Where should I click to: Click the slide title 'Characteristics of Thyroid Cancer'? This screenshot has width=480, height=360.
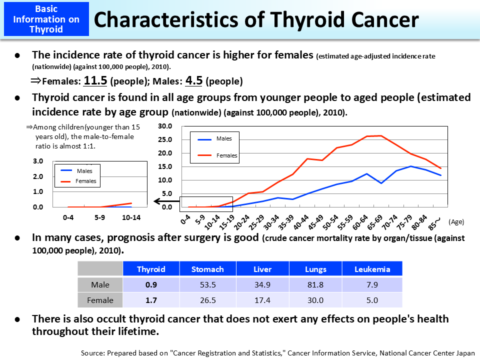[x=256, y=19]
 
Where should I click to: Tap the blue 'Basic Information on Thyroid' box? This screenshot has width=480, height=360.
[x=46, y=19]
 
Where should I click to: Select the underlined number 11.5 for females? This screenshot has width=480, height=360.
[x=95, y=80]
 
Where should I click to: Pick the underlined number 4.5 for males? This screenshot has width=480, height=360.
[x=194, y=80]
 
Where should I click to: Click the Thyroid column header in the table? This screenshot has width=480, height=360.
[x=151, y=269]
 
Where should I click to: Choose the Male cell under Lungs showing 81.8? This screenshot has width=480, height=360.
[x=315, y=284]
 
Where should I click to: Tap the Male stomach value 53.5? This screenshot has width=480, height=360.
[x=207, y=284]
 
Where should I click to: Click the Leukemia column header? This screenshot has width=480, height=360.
[x=372, y=269]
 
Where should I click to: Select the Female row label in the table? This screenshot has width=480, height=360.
[x=100, y=300]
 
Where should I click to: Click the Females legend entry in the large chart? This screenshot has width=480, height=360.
[x=226, y=155]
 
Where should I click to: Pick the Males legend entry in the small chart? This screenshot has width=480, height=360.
[x=84, y=171]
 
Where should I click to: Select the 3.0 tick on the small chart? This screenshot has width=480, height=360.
[x=38, y=161]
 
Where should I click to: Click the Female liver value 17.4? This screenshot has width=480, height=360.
[x=262, y=300]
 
